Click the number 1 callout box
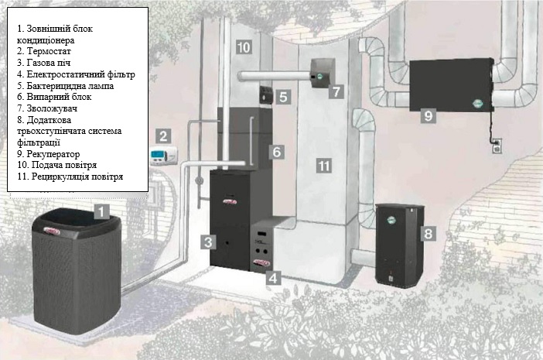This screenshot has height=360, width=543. click(x=102, y=211)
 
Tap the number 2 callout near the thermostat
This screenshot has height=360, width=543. click(x=163, y=135)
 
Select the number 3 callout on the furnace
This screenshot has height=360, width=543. click(x=208, y=242)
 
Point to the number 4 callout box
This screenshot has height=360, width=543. click(x=273, y=277)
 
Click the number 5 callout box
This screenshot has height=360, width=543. click(x=283, y=97)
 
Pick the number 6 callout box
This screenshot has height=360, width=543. click(x=277, y=152)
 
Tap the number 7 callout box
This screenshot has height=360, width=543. click(x=336, y=91)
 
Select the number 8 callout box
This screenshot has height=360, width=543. click(x=428, y=234)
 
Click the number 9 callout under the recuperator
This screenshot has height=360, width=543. click(x=429, y=115)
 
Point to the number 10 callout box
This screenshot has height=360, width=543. click(x=244, y=46)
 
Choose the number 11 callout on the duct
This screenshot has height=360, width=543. click(x=324, y=166)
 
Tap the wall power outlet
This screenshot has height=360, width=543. click(x=497, y=146)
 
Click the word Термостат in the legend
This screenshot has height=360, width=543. click(x=49, y=51)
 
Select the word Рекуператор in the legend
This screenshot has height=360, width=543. click(x=53, y=154)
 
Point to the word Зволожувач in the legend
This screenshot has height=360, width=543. click(x=52, y=108)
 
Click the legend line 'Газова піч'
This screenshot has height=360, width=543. click(x=43, y=63)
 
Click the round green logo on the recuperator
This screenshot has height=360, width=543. click(x=479, y=103)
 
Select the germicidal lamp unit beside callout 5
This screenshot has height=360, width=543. click(x=267, y=94)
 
